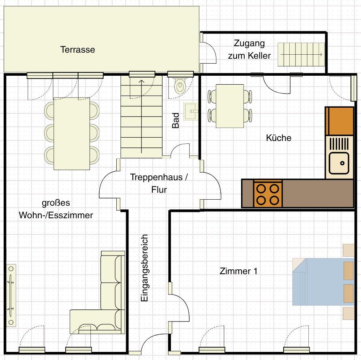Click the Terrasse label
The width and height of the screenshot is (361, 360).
pyautogui.click(x=77, y=49)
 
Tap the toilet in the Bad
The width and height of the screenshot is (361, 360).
pyautogui.click(x=180, y=85)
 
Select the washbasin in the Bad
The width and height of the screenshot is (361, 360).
pyautogui.click(x=191, y=111)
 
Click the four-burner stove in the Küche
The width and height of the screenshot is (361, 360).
pyautogui.click(x=268, y=194)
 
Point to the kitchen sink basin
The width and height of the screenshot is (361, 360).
pyautogui.click(x=339, y=163)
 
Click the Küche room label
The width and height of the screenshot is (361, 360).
pyautogui.click(x=279, y=138)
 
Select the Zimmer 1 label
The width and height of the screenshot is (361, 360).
pyautogui.click(x=238, y=271)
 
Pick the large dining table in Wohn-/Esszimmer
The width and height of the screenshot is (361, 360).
pyautogui.click(x=72, y=134)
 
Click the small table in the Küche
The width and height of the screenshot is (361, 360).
pyautogui.click(x=230, y=106)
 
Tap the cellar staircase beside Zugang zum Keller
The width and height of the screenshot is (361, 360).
pyautogui.click(x=301, y=54)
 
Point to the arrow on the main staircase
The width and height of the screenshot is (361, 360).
pyautogui.click(x=141, y=116)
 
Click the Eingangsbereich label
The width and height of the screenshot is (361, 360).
pyautogui.click(x=144, y=268)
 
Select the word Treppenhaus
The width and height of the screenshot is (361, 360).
pyautogui.click(x=156, y=177)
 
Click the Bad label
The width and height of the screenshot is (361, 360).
pyautogui.click(x=175, y=120)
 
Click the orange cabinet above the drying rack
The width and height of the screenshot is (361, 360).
pyautogui.click(x=340, y=121)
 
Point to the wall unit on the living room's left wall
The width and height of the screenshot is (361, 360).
pyautogui.click(x=11, y=295)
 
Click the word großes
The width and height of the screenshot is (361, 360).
pyautogui.click(x=56, y=203)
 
